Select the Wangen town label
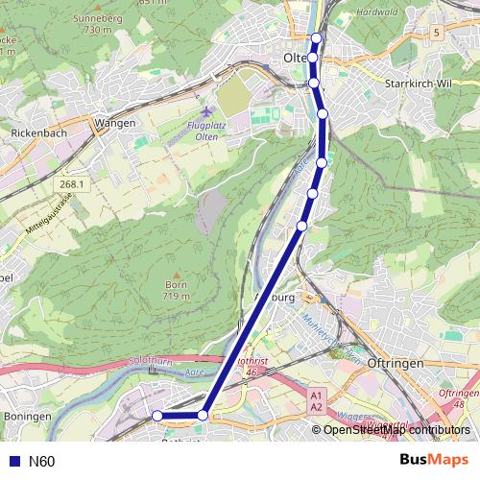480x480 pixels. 115,123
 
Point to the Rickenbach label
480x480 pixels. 39,132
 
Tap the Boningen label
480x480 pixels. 27,416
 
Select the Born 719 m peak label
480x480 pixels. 175,290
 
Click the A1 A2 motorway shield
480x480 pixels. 317,400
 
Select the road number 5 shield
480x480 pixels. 436,33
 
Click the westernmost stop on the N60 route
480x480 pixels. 157,416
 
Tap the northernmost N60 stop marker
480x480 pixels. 316,38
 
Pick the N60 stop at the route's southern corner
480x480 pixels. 203,415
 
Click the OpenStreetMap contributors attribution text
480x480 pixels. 396,430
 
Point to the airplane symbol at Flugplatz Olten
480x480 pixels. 204,112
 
